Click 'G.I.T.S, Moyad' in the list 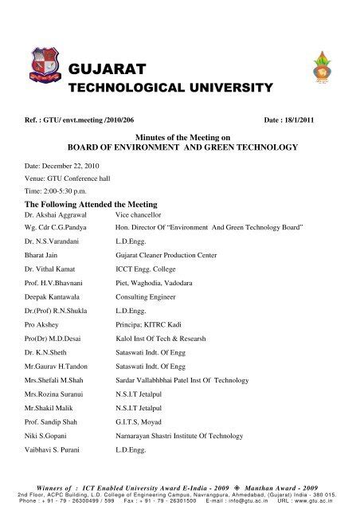[x=142, y=421]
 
